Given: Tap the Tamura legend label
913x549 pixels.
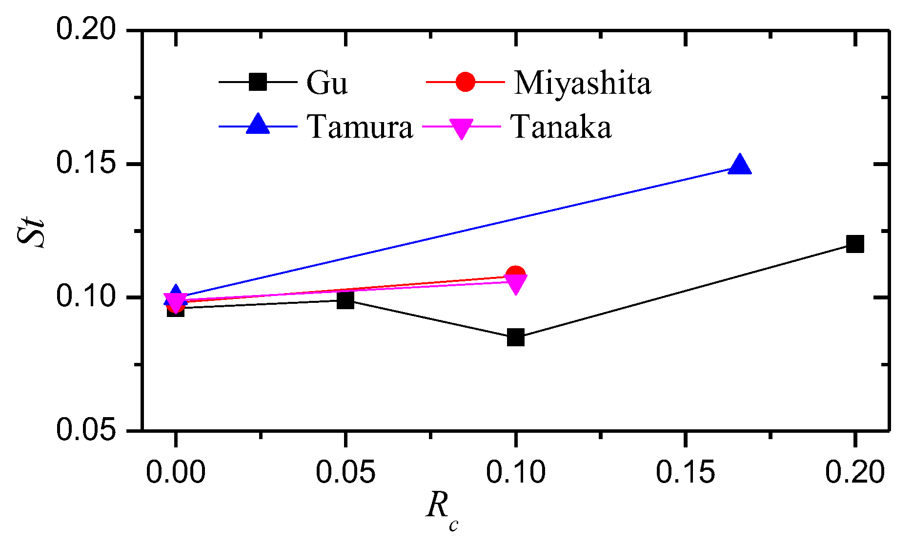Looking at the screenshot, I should [x=360, y=127].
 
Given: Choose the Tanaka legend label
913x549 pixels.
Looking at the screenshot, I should [x=561, y=127].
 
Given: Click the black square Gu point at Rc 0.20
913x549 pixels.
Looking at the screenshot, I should [x=854, y=244].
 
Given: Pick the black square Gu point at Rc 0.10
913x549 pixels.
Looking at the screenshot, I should [x=515, y=337].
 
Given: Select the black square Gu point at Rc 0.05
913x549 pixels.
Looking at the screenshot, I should [x=345, y=300].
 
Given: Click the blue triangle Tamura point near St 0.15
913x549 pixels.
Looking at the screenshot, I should [x=740, y=165].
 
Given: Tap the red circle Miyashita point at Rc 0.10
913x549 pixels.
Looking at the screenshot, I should [x=516, y=274].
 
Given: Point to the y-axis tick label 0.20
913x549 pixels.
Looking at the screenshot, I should [x=86, y=29].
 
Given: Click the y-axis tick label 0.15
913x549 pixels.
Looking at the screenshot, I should [x=86, y=163].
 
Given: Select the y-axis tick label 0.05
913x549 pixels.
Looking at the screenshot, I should [x=86, y=430].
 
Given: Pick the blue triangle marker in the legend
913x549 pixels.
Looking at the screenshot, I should [x=258, y=124].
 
